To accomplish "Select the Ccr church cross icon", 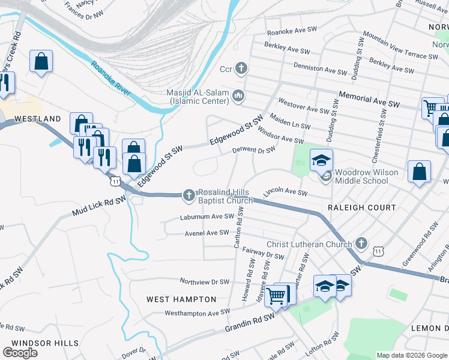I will pos(241,68).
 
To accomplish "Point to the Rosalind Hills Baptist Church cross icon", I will pos(188,194).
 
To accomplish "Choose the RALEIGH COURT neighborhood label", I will pos(361,208).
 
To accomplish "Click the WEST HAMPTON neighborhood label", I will pos(181,299).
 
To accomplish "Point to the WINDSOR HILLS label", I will pos(45,343).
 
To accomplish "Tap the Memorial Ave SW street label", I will pos(369,100).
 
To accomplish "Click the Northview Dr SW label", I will pos(205,281).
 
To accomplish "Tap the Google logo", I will pos(20,352).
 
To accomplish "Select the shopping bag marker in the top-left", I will pos(41,61).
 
